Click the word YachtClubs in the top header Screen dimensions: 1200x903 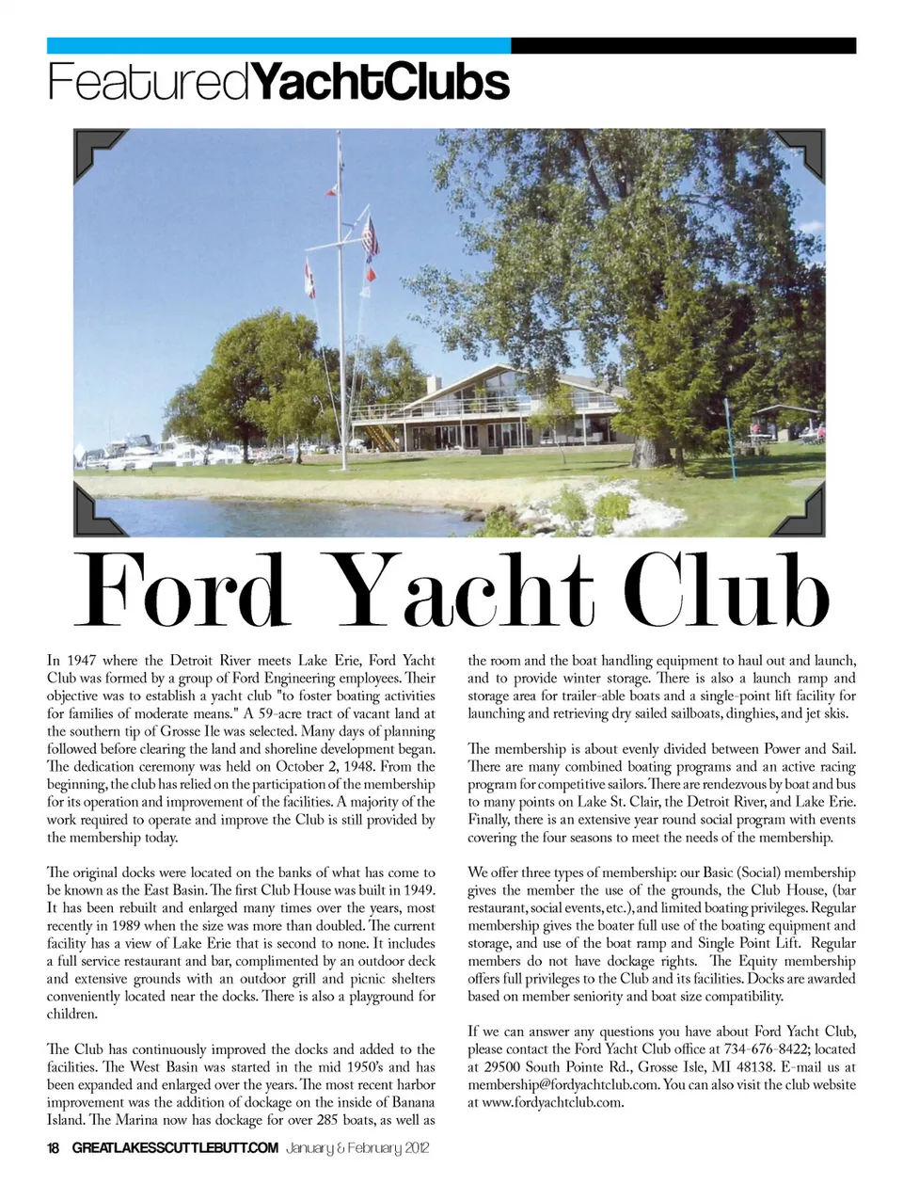tap(381, 83)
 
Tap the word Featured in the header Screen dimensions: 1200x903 tap(149, 83)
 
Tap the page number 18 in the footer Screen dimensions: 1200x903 tap(54, 1148)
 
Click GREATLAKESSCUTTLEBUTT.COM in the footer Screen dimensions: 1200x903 tap(175, 1148)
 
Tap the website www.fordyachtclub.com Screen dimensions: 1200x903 tap(552, 1102)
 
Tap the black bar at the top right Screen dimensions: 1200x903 tap(683, 45)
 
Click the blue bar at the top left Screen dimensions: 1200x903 tap(278, 45)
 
